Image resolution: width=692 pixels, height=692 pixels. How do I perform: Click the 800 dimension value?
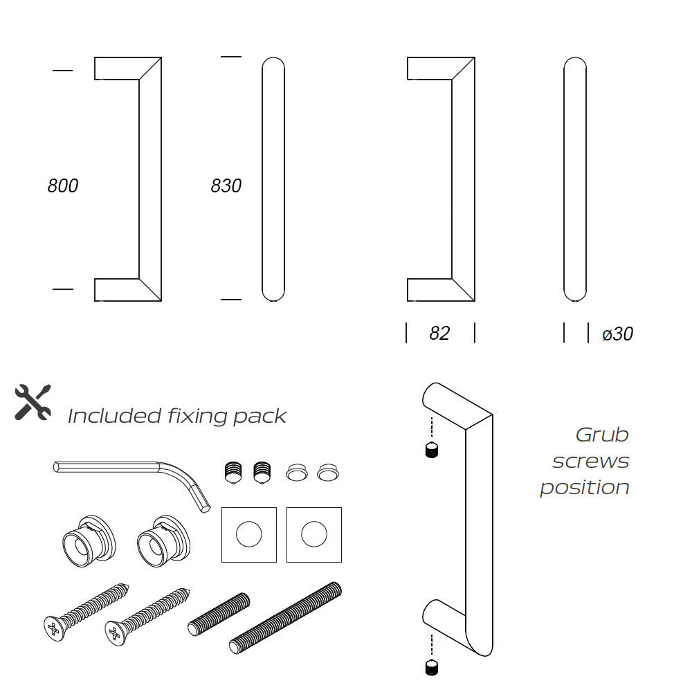click(63, 185)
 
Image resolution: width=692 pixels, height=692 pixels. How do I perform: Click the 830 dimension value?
click(226, 185)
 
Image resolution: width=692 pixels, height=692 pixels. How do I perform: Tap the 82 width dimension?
click(439, 334)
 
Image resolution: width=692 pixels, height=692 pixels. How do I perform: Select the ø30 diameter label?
click(617, 334)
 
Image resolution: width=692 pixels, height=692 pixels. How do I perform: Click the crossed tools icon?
click(33, 402)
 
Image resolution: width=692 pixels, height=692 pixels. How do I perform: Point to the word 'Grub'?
click(602, 435)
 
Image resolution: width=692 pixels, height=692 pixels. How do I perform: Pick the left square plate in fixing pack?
click(249, 534)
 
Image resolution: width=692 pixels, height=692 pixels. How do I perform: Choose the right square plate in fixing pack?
click(314, 534)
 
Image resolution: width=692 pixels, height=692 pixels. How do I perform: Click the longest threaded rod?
click(286, 617)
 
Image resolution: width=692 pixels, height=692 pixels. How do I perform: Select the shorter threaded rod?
click(219, 614)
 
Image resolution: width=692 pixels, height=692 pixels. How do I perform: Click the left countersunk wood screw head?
click(54, 628)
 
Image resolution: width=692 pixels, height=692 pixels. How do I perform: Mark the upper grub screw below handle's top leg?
click(432, 450)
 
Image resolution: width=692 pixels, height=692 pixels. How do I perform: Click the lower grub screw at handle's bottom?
click(432, 667)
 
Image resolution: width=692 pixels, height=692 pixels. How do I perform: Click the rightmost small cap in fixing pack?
click(328, 472)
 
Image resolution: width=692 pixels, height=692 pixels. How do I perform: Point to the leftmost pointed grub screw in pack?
click(233, 473)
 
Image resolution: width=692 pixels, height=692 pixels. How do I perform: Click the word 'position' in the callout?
click(585, 488)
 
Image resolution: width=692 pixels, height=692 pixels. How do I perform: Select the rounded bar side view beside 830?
click(273, 179)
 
